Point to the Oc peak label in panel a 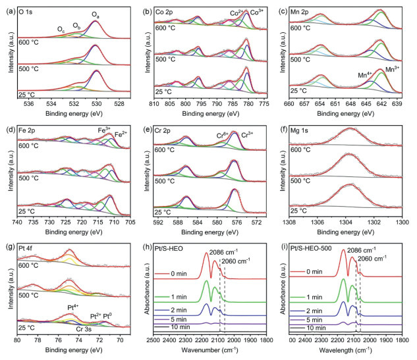pyautogui.click(x=61, y=28)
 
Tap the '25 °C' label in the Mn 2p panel pyautogui.click(x=301, y=90)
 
